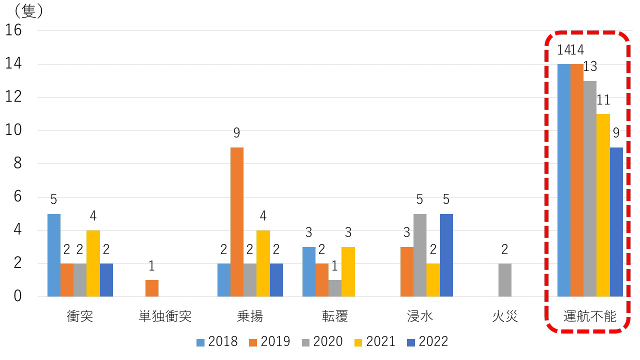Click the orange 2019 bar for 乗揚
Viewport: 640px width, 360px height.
[x=237, y=222]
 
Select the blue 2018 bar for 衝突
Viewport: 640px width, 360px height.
[x=54, y=255]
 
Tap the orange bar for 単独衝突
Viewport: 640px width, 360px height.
[x=152, y=288]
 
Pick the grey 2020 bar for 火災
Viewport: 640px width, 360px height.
[x=505, y=280]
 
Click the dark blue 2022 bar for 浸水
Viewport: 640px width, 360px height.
[x=446, y=255]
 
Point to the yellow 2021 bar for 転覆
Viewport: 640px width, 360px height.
[x=348, y=271]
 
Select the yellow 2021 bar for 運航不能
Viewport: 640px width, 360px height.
[x=603, y=205]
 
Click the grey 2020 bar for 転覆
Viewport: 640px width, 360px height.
[x=335, y=288]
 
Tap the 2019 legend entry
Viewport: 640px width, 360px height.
[x=269, y=342]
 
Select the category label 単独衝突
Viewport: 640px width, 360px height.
[x=165, y=316]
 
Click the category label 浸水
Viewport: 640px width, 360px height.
[x=420, y=316]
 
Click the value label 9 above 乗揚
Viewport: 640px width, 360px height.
[x=237, y=133]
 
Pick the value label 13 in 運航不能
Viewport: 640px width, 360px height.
[x=590, y=67]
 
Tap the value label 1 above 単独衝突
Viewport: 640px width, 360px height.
[x=152, y=266]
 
